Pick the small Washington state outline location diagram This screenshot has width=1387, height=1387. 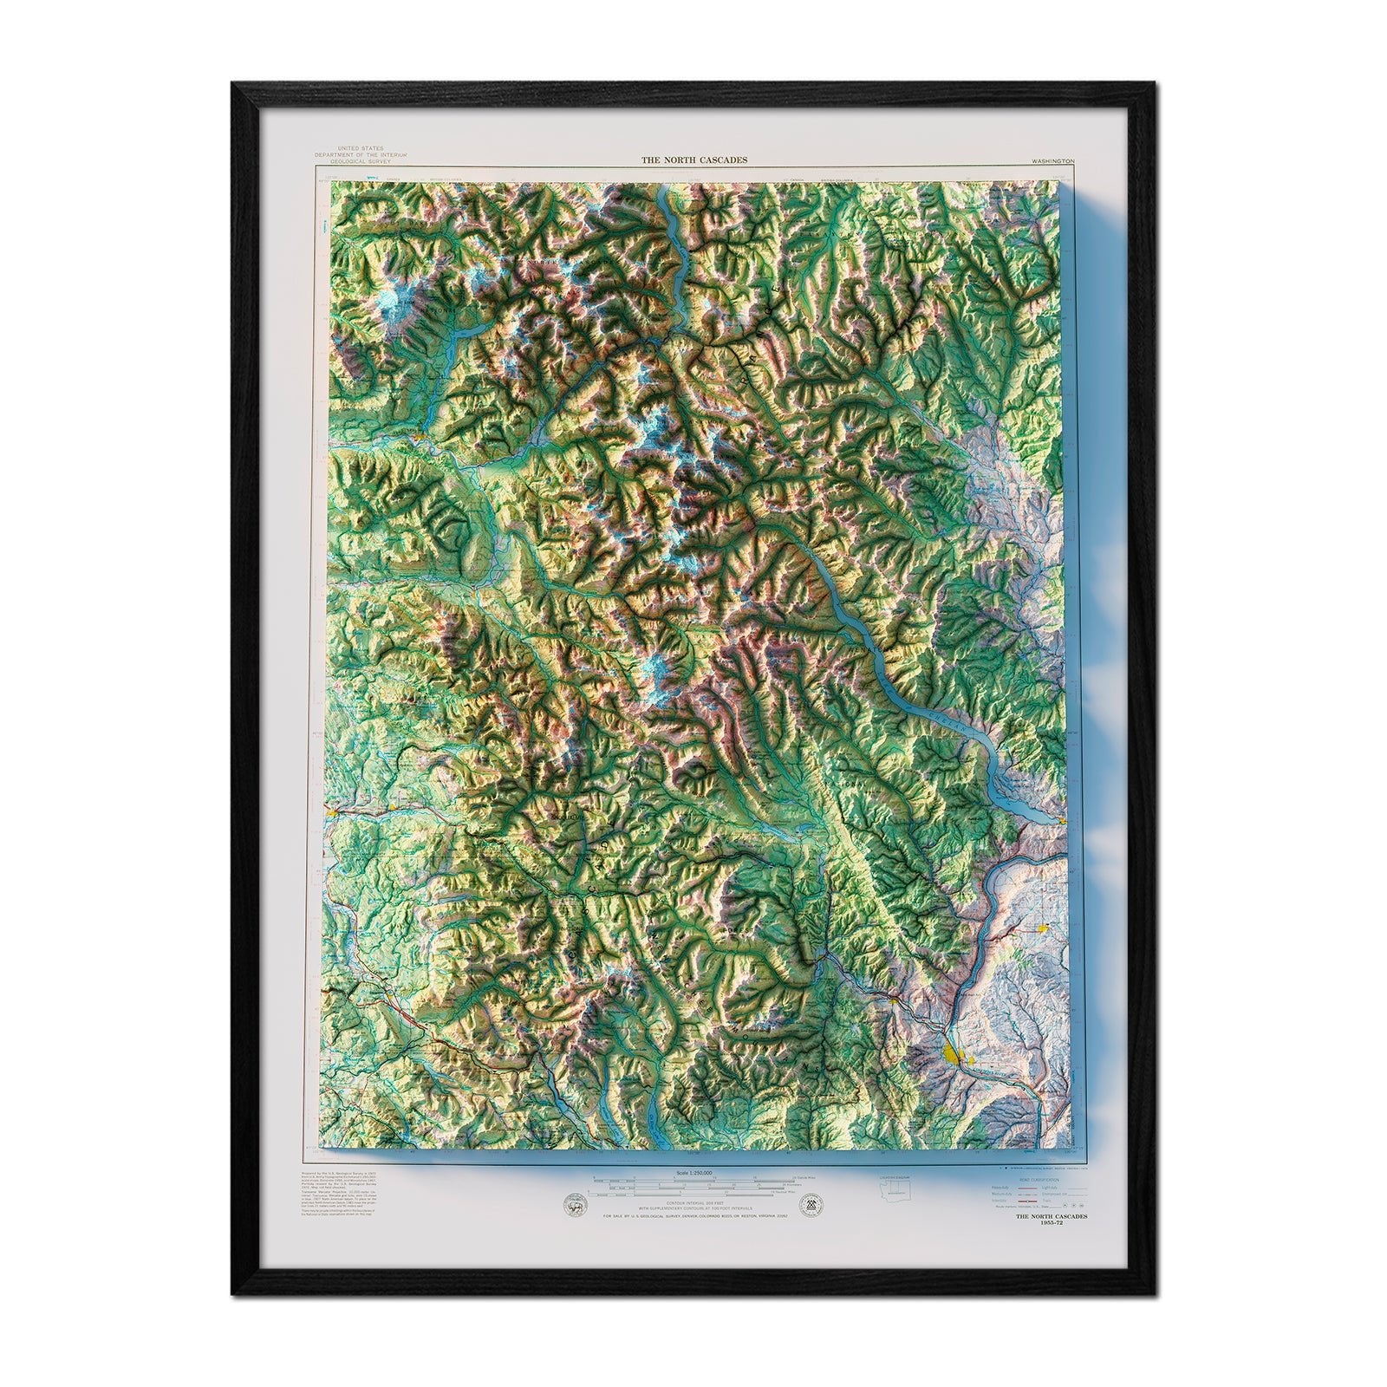898,1195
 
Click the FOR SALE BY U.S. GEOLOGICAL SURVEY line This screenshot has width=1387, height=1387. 693,1217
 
